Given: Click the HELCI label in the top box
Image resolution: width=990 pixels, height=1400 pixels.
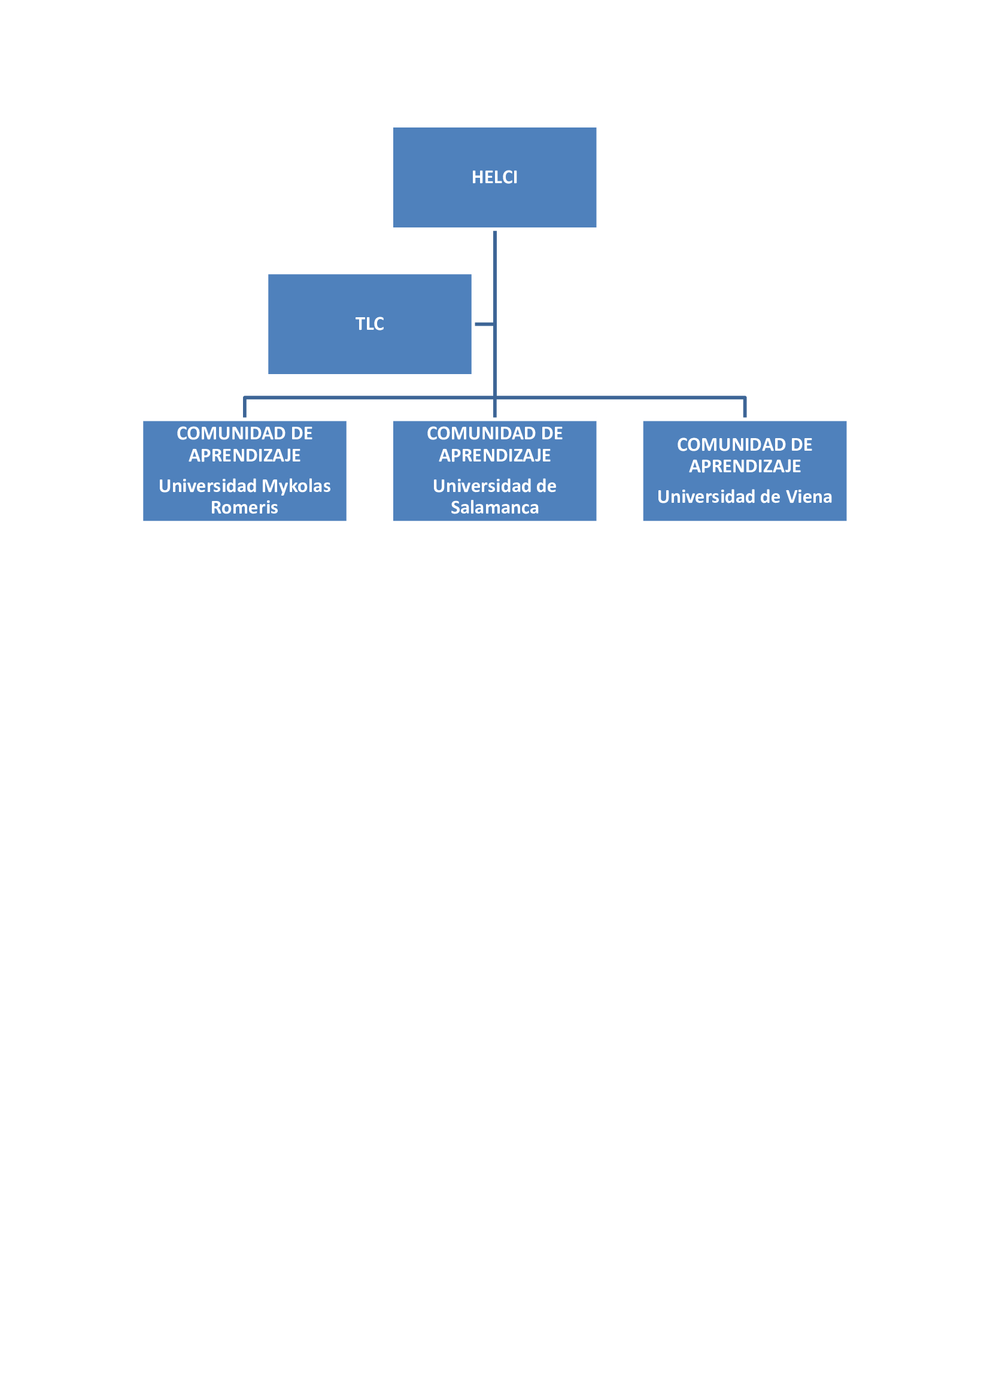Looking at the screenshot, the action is pos(494,177).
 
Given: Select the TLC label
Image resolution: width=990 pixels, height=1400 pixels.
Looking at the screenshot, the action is pos(369,324).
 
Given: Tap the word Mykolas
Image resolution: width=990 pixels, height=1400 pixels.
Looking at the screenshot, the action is pos(296,487).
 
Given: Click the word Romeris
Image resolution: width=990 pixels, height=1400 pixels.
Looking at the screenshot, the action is pos(244,508).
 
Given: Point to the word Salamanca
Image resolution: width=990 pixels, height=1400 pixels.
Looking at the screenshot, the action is pos(494,508).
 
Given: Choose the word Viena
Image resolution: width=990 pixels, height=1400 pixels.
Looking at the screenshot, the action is pos(809,497).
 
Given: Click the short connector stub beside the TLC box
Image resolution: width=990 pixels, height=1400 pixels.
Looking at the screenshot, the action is pos(484,324).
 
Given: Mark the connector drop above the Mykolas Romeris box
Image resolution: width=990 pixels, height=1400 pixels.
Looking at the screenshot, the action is pos(244,408).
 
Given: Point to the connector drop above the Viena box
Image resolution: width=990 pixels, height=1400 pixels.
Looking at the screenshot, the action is pos(745,408).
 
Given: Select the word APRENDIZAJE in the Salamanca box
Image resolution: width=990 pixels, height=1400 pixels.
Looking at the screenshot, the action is pos(494,455).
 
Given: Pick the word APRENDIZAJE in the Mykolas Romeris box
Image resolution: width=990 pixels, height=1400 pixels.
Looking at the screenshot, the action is pos(244,455).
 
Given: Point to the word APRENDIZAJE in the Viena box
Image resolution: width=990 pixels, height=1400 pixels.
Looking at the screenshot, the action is pos(745,466).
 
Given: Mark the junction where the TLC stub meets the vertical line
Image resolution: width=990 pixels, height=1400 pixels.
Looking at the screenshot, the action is pos(495,324).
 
